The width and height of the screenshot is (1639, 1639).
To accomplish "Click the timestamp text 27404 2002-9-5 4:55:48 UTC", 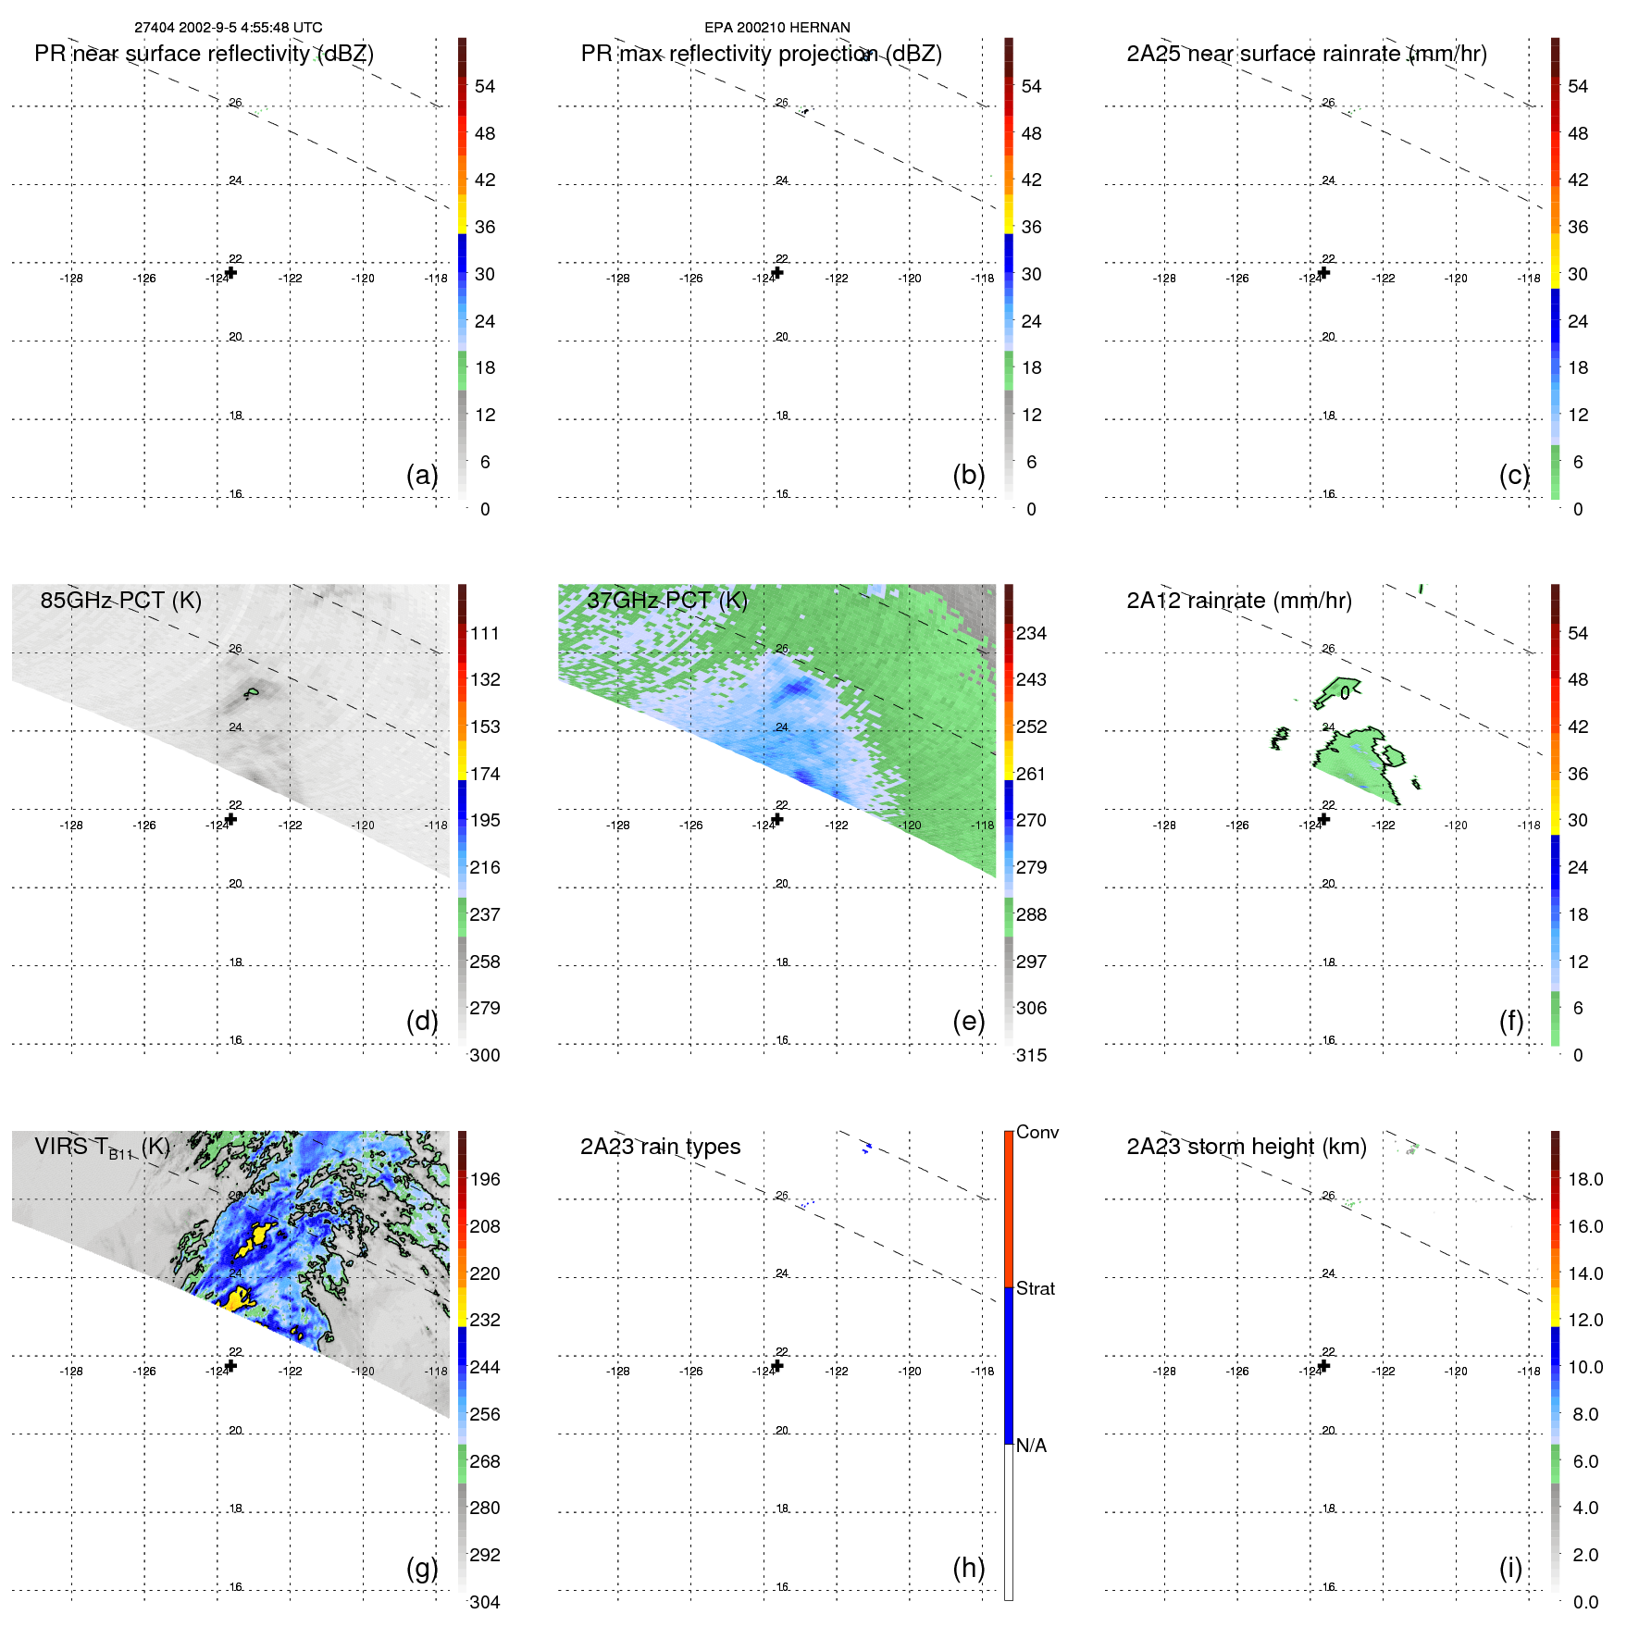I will coord(228,28).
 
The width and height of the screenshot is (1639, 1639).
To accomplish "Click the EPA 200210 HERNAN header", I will coord(776,28).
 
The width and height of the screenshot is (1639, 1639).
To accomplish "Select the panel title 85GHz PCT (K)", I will coord(120,601).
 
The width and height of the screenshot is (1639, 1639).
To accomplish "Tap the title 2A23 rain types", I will coord(660,1147).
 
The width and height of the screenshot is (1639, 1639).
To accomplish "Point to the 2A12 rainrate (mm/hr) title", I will coord(1238,601).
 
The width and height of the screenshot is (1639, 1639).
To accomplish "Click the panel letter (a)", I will coord(422,475).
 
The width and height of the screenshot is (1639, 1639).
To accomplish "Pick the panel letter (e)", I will coord(968,1021).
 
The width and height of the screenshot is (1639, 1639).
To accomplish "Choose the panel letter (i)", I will coord(1510,1568).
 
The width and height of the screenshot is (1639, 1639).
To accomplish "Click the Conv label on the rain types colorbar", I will coord(1037,1132).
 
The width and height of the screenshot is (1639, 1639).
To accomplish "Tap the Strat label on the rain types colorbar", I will coord(1035,1288).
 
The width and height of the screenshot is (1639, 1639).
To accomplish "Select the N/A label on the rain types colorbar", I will coord(1031,1446).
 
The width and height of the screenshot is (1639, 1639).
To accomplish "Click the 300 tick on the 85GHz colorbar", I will coord(485,1055).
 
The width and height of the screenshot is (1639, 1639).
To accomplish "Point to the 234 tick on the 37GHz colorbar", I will coord(1031,633).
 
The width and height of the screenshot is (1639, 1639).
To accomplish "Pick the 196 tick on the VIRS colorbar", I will coord(485,1179).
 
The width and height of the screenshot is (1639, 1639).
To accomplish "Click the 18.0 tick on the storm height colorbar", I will coord(1585,1179).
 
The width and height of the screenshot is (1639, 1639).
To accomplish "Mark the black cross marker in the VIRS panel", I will coord(231,1366).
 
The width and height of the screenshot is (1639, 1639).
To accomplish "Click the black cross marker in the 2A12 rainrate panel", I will coord(1324,819).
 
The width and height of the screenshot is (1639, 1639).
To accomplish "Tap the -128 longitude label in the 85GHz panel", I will coord(71,826).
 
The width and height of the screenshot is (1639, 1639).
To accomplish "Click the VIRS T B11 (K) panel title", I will coord(102,1148).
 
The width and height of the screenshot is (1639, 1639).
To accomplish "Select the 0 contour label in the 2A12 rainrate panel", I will coord(1345,693).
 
